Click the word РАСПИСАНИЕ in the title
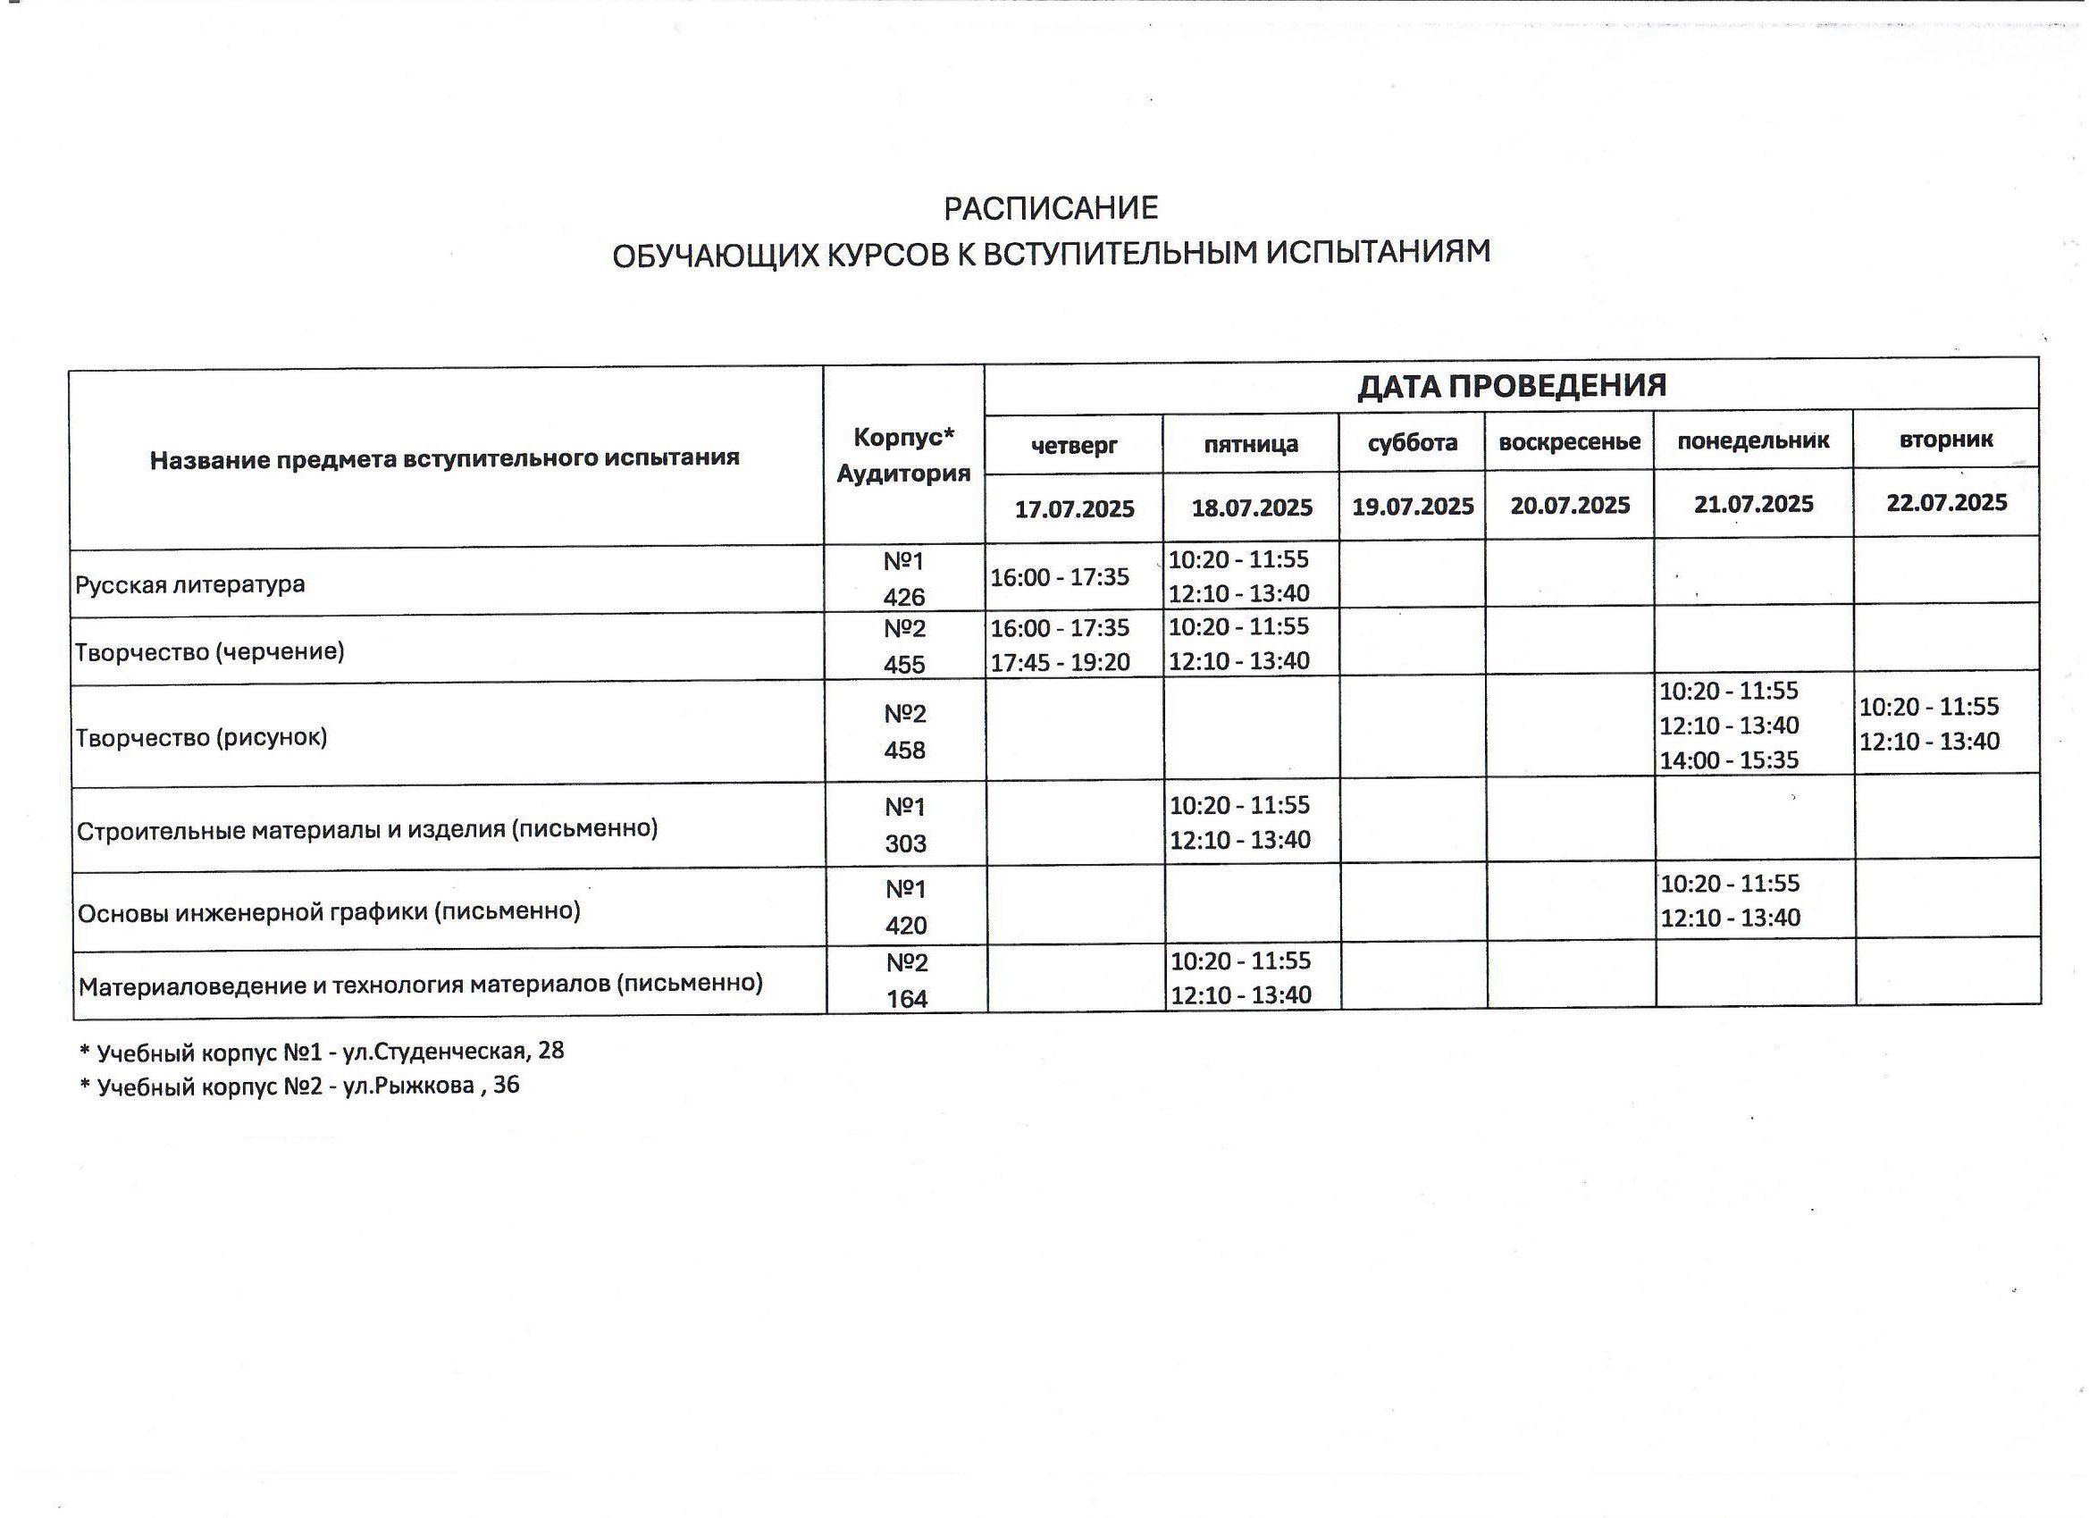click(x=1050, y=209)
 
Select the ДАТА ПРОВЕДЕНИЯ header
click(x=1512, y=385)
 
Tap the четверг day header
click(x=1074, y=446)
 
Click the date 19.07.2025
click(x=1412, y=506)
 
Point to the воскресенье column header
click(x=1570, y=442)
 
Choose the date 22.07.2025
click(x=1946, y=502)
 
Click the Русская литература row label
click(x=189, y=585)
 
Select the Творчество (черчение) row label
click(x=209, y=652)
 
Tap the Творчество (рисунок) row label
click(x=201, y=738)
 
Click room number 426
click(x=903, y=597)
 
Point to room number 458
click(x=904, y=751)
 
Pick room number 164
click(x=906, y=999)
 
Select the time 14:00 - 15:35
click(x=1729, y=760)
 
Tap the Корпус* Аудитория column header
click(x=902, y=455)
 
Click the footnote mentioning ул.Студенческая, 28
click(x=323, y=1051)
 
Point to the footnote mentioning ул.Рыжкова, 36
click(x=300, y=1086)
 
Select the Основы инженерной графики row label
click(x=329, y=912)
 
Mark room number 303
click(x=905, y=843)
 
